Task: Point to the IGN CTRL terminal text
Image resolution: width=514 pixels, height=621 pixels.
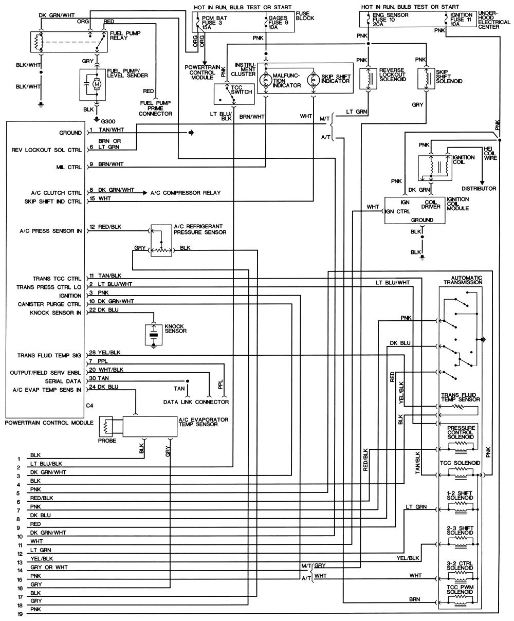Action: pyautogui.click(x=397, y=211)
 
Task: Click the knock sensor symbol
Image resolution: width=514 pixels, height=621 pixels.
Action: pyautogui.click(x=153, y=335)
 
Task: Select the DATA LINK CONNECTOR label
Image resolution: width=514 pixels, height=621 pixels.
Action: pyautogui.click(x=196, y=401)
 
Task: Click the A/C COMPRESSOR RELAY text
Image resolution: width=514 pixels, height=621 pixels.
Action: pyautogui.click(x=185, y=193)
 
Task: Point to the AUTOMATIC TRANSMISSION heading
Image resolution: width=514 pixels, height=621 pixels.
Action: pyautogui.click(x=461, y=281)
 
